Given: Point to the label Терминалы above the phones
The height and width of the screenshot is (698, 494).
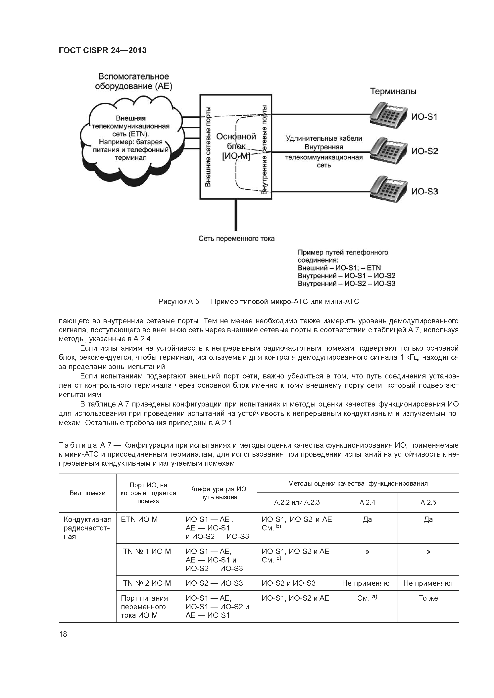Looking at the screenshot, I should pos(393,91).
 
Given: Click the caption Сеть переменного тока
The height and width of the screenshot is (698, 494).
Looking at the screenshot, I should pos(236,239).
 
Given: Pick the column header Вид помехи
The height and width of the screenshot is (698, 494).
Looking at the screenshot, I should pos(87,493).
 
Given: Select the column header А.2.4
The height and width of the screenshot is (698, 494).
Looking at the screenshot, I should pos(367,502).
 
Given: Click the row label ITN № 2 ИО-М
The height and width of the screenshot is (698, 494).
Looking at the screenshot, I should pos(146,583).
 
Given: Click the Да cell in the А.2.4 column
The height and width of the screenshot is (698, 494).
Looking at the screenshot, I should pos(367,520).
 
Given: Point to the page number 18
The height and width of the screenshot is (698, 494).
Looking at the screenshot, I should pos(63,634).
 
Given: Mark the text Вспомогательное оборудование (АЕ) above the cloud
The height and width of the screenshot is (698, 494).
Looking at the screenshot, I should pos(133,81).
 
